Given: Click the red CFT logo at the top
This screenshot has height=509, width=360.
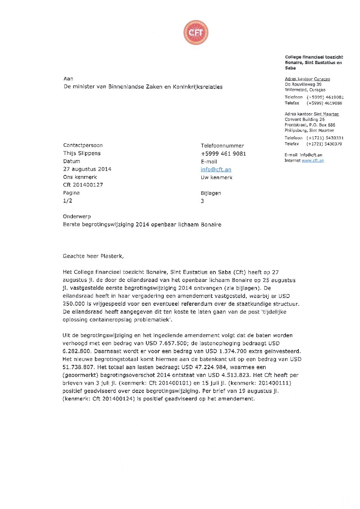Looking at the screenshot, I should (196, 33).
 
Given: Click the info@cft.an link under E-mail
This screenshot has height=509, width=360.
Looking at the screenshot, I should (216, 170).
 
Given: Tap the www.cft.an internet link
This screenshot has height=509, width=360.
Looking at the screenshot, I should (313, 160).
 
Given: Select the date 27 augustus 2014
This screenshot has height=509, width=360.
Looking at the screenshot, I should (87, 169).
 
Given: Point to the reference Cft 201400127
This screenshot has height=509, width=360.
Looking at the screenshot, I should (83, 185).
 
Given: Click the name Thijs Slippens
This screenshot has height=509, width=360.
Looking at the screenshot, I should (82, 153).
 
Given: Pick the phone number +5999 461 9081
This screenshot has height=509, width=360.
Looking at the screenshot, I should (223, 154).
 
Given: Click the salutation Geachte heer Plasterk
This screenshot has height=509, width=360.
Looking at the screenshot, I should (93, 256).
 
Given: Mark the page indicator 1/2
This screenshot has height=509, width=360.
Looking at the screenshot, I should (67, 201).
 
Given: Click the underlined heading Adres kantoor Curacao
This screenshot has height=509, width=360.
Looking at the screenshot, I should (307, 79).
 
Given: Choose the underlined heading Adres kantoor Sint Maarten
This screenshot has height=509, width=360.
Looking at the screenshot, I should (312, 114).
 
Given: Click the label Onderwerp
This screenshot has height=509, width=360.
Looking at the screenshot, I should (77, 217).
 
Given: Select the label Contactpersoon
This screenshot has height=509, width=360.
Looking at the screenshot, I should (83, 145).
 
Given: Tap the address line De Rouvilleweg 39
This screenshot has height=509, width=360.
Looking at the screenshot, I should (303, 84).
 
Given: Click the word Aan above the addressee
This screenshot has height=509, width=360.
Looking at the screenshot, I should (68, 79).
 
